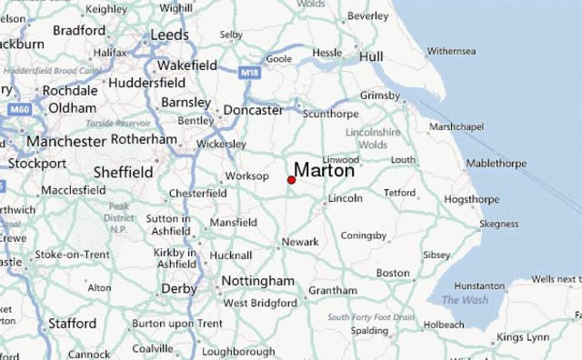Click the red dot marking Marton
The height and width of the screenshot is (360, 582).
291,180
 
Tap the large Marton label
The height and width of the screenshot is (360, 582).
324,170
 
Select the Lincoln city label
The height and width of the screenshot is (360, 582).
346,198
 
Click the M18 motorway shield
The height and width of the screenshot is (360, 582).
251,70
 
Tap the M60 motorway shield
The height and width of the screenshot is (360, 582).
20,109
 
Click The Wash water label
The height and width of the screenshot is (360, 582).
465,300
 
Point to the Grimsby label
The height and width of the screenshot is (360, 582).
379,95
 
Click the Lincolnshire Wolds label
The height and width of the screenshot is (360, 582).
372,138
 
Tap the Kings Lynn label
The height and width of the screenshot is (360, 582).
523,337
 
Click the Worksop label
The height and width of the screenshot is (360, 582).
247,175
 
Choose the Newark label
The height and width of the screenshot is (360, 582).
300,242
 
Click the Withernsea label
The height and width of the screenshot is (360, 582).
452,50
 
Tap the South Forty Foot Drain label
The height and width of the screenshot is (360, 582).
371,316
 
